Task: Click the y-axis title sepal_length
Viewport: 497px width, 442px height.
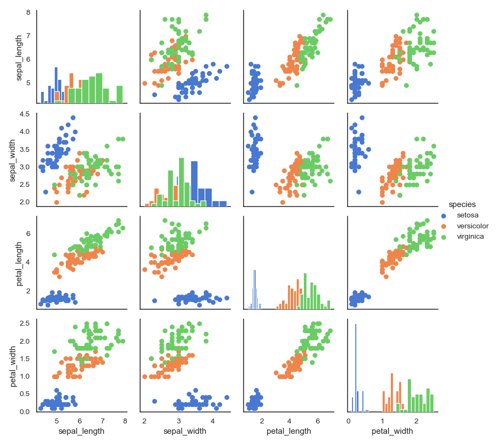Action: pos(20,57)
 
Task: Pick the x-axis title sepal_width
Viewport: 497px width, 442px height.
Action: pos(185,432)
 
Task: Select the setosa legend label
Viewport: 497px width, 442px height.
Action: pos(467,215)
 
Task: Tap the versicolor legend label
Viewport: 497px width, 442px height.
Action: pos(472,226)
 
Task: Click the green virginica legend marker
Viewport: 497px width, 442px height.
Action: pos(444,237)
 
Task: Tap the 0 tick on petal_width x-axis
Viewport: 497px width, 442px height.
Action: pos(349,421)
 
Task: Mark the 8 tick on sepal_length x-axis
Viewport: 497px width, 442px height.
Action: pos(125,421)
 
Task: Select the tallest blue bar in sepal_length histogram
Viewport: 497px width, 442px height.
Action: pos(56,85)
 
